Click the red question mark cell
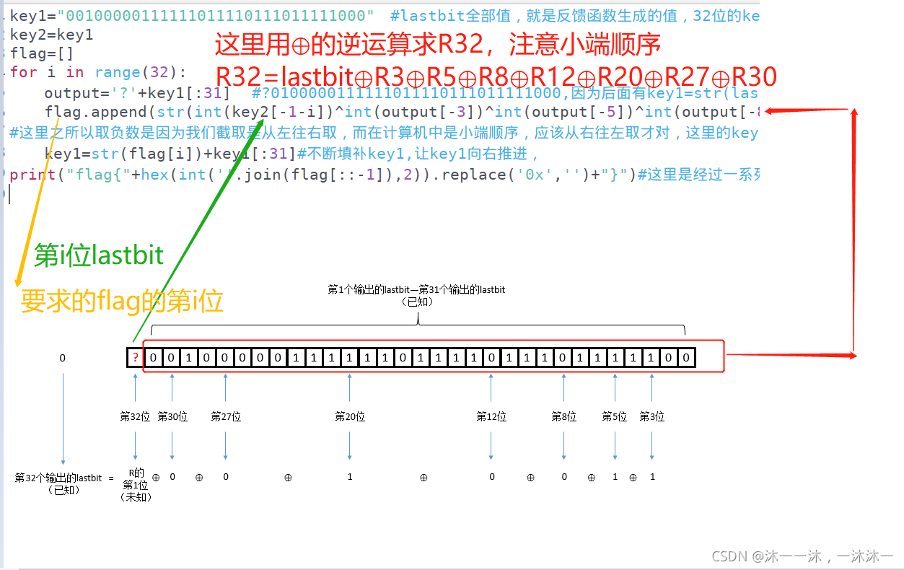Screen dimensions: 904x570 click(x=135, y=358)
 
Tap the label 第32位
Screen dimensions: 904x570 click(x=135, y=416)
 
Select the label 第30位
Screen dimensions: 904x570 click(x=172, y=416)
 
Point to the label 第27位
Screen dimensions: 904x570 click(x=226, y=416)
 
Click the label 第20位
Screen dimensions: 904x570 click(x=350, y=416)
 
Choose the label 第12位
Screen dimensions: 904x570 click(x=491, y=416)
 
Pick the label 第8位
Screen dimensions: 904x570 click(x=564, y=416)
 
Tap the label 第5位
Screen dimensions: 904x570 click(x=615, y=416)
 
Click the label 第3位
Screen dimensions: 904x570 click(x=652, y=416)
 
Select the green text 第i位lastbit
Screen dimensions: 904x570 click(x=99, y=255)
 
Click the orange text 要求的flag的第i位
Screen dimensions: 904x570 click(x=122, y=300)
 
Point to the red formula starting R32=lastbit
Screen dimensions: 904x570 click(x=496, y=76)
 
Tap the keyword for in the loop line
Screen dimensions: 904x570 click(x=23, y=72)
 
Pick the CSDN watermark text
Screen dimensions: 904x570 click(x=802, y=556)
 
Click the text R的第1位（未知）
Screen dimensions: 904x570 click(x=135, y=484)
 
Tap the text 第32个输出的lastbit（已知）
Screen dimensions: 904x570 click(x=58, y=483)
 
